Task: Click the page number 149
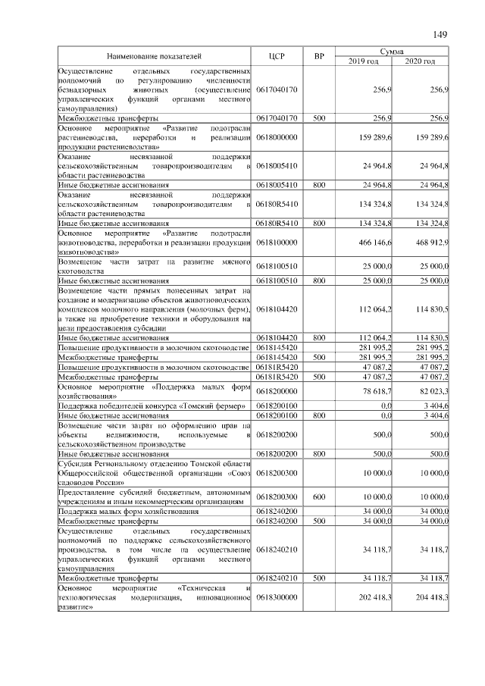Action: pos(441,35)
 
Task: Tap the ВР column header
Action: pos(319,56)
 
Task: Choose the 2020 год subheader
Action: pos(420,61)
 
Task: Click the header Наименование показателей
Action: pos(155,56)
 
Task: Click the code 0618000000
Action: pos(277,137)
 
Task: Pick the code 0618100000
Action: pos(277,242)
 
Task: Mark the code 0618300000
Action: pos(277,597)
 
